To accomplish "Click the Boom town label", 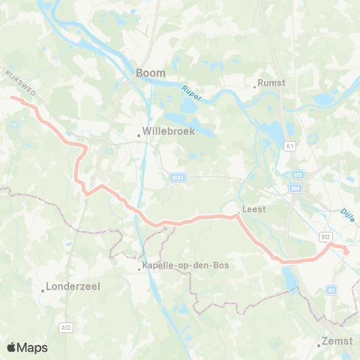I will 150,73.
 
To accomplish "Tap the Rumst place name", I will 271,83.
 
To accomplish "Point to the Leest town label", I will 253,211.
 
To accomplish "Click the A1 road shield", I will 290,148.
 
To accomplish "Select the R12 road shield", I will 325,236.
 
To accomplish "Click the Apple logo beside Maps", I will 12,347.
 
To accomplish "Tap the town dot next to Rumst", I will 255,86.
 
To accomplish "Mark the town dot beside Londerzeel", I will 43,289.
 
